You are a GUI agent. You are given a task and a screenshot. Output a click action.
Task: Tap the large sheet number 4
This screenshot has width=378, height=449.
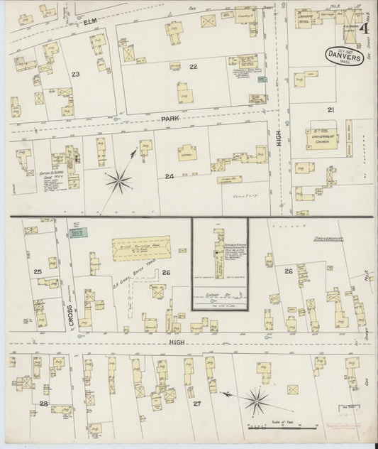pos(363,29)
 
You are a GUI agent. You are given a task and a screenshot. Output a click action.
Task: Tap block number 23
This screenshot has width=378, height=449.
pos(75,73)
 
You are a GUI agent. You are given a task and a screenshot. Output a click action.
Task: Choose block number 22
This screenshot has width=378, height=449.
pos(192,67)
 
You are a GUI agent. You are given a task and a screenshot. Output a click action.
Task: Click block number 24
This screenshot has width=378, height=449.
pos(169,176)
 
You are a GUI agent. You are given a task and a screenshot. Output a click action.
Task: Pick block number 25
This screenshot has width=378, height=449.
pos(37,272)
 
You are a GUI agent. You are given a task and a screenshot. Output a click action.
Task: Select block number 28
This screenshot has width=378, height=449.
pos(44,404)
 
